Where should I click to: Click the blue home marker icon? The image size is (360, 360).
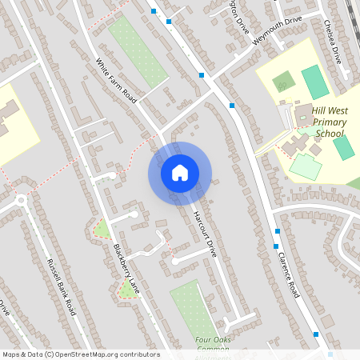180,173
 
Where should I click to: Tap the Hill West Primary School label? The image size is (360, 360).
329,122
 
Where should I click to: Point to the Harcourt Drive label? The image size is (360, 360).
204,233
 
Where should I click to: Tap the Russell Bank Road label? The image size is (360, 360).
61,286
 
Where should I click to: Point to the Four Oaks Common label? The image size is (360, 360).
212,344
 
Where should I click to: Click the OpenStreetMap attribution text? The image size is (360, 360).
81,354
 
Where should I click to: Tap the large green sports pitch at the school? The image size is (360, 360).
314,82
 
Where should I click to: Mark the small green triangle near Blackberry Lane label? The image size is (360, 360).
102,230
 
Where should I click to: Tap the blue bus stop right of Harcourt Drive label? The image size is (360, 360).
276,246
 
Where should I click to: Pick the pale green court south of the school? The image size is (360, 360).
305,166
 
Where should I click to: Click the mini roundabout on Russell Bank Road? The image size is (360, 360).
19,202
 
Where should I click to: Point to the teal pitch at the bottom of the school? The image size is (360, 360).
344,148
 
